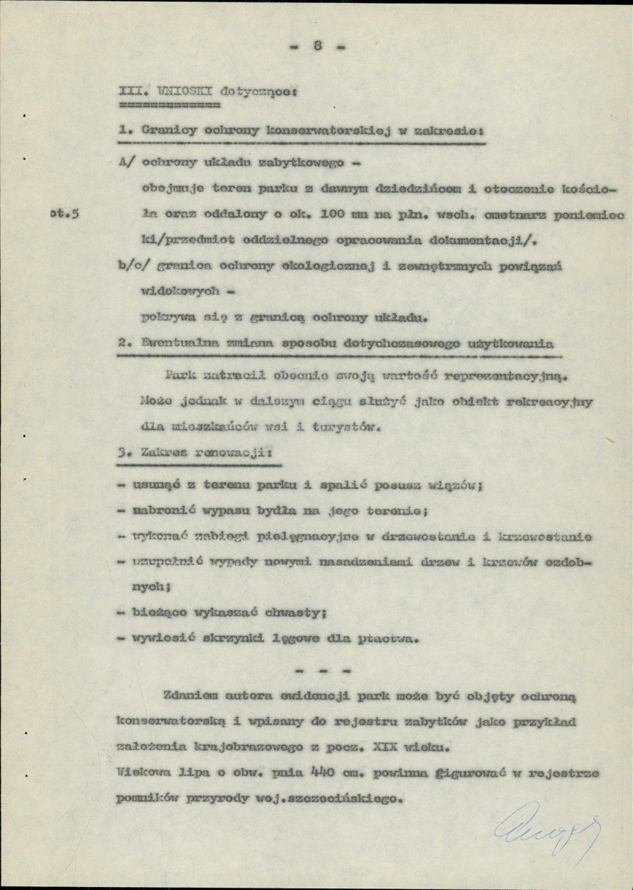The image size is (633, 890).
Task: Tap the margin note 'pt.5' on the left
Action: click(x=65, y=214)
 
